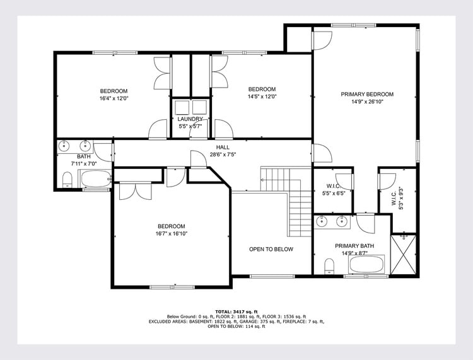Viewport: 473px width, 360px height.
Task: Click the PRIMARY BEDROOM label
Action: tap(367, 95)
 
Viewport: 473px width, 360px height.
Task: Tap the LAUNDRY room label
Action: tap(190, 119)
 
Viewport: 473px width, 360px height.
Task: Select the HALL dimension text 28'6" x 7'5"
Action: tap(223, 154)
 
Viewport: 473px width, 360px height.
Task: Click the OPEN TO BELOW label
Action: tap(271, 249)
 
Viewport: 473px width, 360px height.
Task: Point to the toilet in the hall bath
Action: tap(67, 180)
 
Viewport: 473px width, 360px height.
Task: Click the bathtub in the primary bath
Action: tap(366, 264)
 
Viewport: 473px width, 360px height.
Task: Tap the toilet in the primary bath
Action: tap(329, 267)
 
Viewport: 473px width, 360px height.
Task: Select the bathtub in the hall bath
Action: tap(96, 178)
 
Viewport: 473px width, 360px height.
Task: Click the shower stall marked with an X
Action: tap(404, 255)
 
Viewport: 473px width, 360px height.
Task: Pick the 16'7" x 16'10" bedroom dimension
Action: tap(172, 234)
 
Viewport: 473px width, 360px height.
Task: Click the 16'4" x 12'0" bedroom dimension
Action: tap(114, 98)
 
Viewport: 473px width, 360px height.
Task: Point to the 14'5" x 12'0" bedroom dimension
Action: tap(262, 96)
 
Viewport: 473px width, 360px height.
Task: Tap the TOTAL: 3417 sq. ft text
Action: tap(237, 311)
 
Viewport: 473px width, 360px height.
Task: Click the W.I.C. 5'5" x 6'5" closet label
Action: tap(334, 190)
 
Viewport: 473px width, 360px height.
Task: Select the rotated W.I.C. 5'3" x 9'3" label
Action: tap(397, 199)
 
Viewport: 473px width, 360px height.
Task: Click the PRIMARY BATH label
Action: tap(354, 246)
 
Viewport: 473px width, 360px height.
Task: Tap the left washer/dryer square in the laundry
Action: tap(182, 107)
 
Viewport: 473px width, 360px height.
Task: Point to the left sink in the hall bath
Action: tap(64, 146)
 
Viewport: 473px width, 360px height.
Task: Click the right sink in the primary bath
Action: tap(341, 221)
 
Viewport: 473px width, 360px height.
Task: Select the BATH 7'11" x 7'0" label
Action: tap(83, 160)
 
